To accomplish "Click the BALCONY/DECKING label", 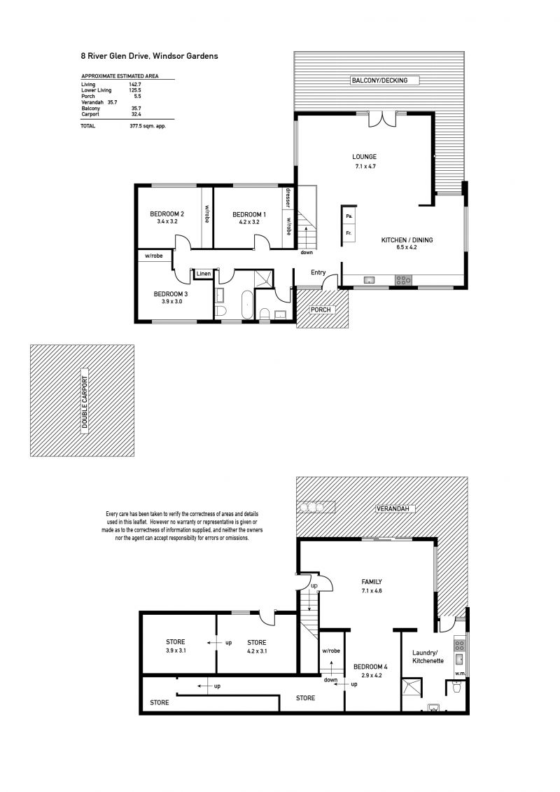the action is coord(379,81).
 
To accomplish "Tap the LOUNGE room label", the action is coord(364,157).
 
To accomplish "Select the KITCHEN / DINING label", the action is coord(407,240).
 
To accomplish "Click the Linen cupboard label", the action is coord(204,274).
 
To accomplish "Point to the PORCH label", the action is coord(321,310).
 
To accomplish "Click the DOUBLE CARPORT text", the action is coord(84,403).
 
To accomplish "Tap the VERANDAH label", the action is coord(396,509).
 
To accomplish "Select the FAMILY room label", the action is coord(372,581).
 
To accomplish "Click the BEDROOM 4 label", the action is coord(370,667).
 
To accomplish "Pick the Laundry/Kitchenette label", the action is coord(428,657).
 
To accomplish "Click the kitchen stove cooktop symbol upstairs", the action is coord(403,280).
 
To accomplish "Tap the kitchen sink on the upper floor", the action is coord(369,280).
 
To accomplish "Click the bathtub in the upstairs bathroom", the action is coord(246,305).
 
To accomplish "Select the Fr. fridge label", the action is coord(349,233).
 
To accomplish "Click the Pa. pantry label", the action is coord(349,216).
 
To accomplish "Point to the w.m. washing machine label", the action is coord(459,673).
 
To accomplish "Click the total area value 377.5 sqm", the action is coord(148,126).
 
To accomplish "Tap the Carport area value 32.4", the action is coord(136,114).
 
